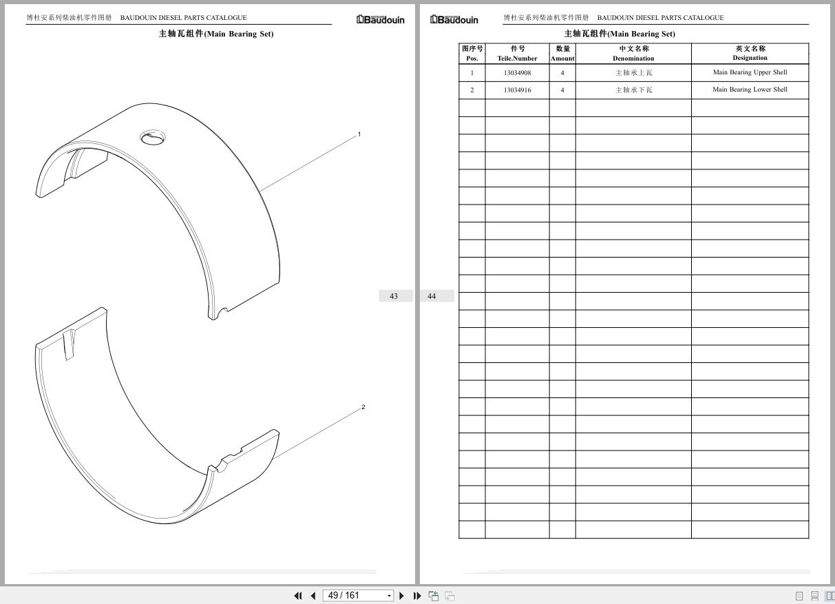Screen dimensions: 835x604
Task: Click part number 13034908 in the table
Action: point(517,73)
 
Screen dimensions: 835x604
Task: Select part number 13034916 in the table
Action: point(517,90)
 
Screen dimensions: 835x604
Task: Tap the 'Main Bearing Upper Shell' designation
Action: point(750,72)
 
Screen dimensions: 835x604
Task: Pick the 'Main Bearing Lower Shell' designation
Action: point(750,90)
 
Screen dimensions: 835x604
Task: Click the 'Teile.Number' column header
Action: point(517,58)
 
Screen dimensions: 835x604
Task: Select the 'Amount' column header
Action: point(562,58)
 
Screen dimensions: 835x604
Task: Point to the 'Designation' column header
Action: point(750,58)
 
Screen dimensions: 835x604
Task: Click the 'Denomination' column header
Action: point(633,58)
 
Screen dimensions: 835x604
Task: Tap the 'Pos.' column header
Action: point(472,58)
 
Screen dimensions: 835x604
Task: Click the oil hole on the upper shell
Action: point(152,138)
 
